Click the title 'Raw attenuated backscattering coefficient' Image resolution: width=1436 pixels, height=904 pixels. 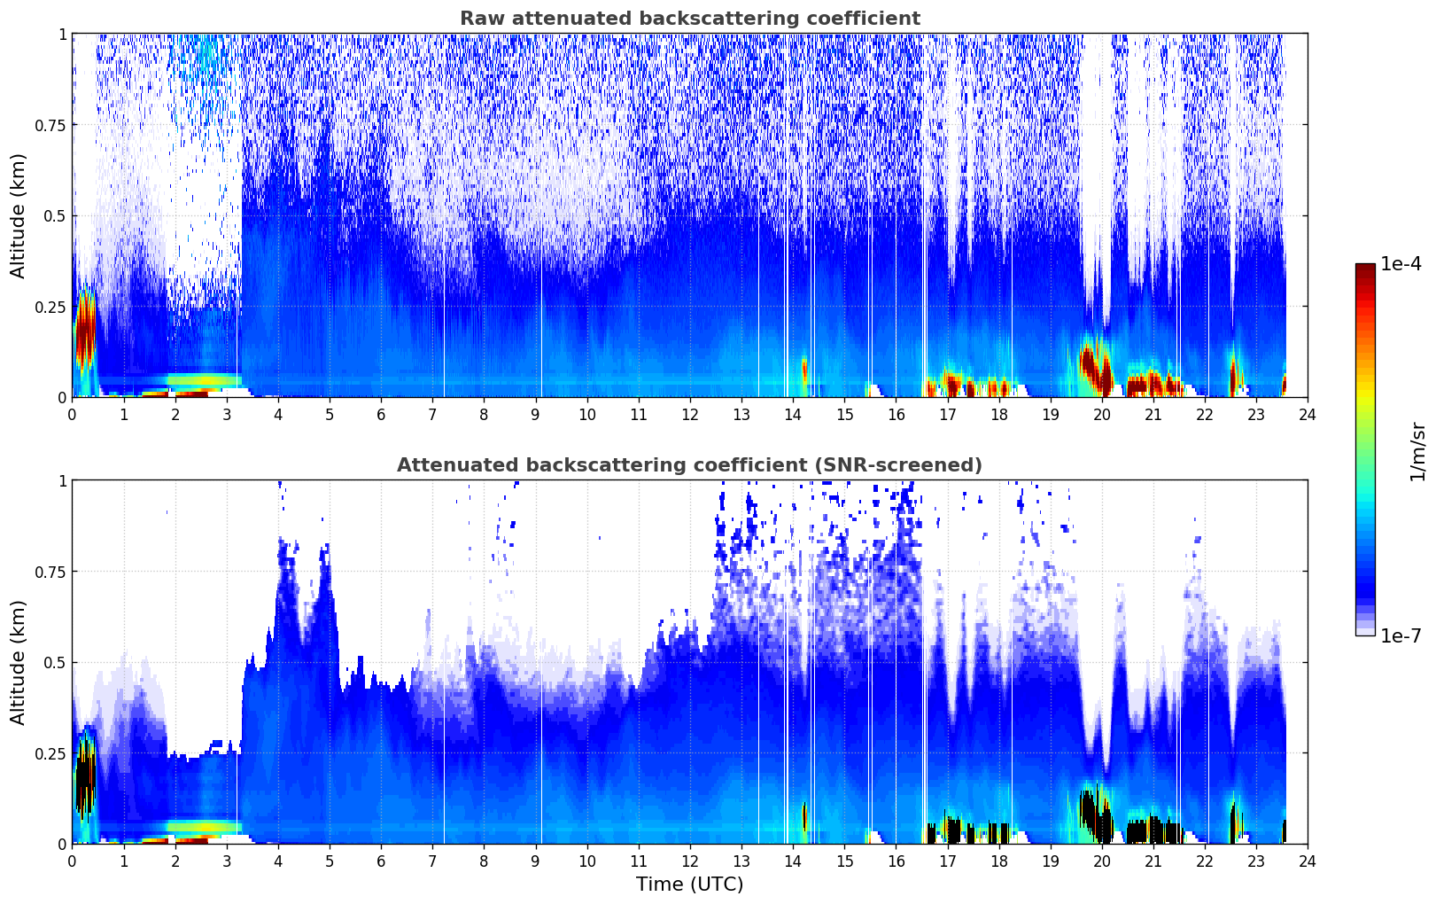coord(689,19)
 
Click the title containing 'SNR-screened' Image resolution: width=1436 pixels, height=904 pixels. coord(689,465)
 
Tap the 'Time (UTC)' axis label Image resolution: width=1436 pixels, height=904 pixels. coord(689,885)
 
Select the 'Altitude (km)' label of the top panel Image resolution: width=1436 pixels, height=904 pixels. coord(19,215)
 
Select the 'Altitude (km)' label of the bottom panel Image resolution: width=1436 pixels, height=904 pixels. coord(19,662)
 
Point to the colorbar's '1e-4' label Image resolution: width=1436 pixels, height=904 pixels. coord(1401,264)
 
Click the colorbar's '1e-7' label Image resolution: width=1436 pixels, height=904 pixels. coord(1401,635)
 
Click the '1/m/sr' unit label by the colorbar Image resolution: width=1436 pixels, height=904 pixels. coord(1417,450)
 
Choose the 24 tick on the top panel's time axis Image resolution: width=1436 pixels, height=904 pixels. coord(1308,415)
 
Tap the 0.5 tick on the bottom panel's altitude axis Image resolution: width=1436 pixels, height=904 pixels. coord(55,662)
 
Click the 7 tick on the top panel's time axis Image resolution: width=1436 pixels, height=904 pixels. coord(432,415)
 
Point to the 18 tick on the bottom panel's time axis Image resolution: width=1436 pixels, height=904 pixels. coord(998,861)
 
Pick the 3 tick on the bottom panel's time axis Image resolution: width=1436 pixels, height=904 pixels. coord(227,861)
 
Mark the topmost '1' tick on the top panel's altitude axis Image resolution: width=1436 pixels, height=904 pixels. coord(62,34)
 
